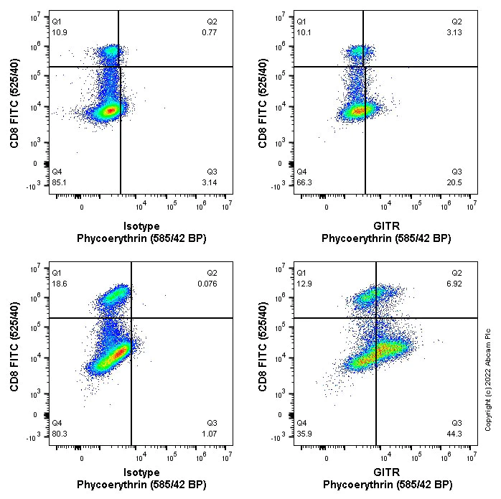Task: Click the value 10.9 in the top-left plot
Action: pos(59,32)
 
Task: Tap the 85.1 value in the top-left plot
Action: pos(59,182)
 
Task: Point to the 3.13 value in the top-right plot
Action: pos(457,32)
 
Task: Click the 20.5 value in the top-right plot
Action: pos(457,182)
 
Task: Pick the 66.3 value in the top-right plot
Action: pos(304,182)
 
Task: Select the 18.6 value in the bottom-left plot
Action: pos(59,284)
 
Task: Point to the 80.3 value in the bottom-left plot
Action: pos(59,434)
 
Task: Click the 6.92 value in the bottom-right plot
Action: pos(457,284)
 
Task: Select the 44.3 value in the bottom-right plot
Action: pos(457,434)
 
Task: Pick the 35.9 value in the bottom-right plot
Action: pos(304,434)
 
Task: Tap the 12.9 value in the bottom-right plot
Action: pos(304,284)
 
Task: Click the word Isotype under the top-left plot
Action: pos(141,225)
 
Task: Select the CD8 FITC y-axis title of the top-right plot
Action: pos(263,104)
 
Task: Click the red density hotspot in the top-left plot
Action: pos(109,111)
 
